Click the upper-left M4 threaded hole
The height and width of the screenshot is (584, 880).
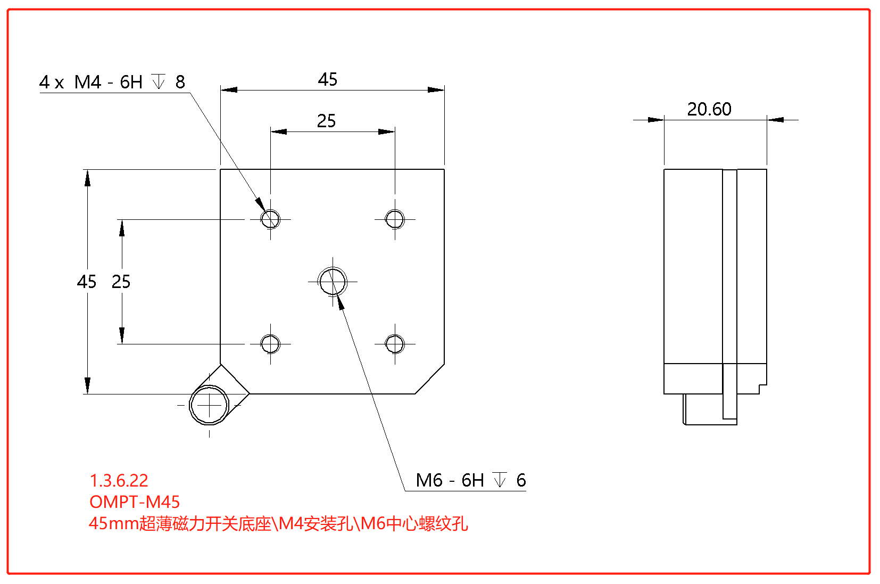pyautogui.click(x=270, y=219)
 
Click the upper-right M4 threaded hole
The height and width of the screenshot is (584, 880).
pyautogui.click(x=395, y=219)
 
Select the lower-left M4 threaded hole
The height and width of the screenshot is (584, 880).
pyautogui.click(x=270, y=344)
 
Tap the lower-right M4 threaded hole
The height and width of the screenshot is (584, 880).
pyautogui.click(x=395, y=344)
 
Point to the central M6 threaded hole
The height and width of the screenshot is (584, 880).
pyautogui.click(x=333, y=281)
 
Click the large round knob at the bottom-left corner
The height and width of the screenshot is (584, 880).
pyautogui.click(x=209, y=405)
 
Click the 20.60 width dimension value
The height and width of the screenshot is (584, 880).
pyautogui.click(x=709, y=109)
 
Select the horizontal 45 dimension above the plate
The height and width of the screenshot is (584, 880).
pyautogui.click(x=328, y=80)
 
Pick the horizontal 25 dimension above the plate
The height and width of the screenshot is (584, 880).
pyautogui.click(x=327, y=121)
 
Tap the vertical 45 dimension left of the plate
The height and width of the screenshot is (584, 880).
pyautogui.click(x=87, y=282)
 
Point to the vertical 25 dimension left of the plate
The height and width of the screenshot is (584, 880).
pyautogui.click(x=121, y=282)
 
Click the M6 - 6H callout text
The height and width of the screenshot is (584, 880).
pyautogui.click(x=450, y=480)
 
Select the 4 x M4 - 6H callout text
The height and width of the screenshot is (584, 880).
pyautogui.click(x=91, y=82)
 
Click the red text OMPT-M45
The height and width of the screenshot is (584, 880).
pyautogui.click(x=135, y=501)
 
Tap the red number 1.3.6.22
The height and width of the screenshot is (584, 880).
pyautogui.click(x=119, y=480)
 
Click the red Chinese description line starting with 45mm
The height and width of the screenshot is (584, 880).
pyautogui.click(x=278, y=523)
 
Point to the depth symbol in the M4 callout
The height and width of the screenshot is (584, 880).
pyautogui.click(x=159, y=81)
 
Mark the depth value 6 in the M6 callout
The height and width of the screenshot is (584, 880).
pyautogui.click(x=521, y=480)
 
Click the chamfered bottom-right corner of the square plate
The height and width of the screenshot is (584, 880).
pyautogui.click(x=430, y=379)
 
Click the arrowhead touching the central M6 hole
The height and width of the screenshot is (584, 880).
pyautogui.click(x=340, y=302)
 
